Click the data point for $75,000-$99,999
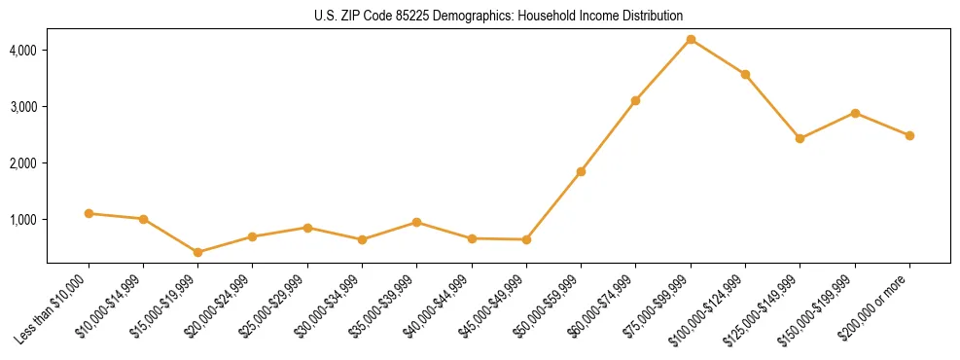691,39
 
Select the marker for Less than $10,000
89,213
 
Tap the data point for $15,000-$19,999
198,252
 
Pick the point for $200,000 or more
909,135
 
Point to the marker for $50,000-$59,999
581,171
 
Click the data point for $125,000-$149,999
800,138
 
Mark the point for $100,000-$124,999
745,74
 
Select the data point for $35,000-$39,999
417,222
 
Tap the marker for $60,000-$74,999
635,100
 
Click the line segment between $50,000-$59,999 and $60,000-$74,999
608,136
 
